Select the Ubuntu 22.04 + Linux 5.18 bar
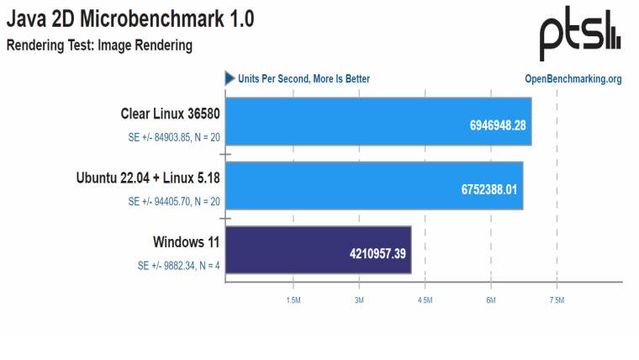point(374,186)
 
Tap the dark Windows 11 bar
point(318,250)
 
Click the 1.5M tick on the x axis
point(293,299)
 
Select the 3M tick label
point(358,299)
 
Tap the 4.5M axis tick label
point(425,299)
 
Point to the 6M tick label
point(490,299)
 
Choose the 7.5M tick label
point(557,299)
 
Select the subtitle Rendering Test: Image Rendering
point(100,45)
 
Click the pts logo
point(580,35)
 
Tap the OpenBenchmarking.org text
point(573,79)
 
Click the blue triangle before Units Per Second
point(230,78)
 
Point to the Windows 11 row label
point(186,242)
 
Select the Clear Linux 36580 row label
point(164,114)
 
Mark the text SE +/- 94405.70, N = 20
point(174,202)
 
